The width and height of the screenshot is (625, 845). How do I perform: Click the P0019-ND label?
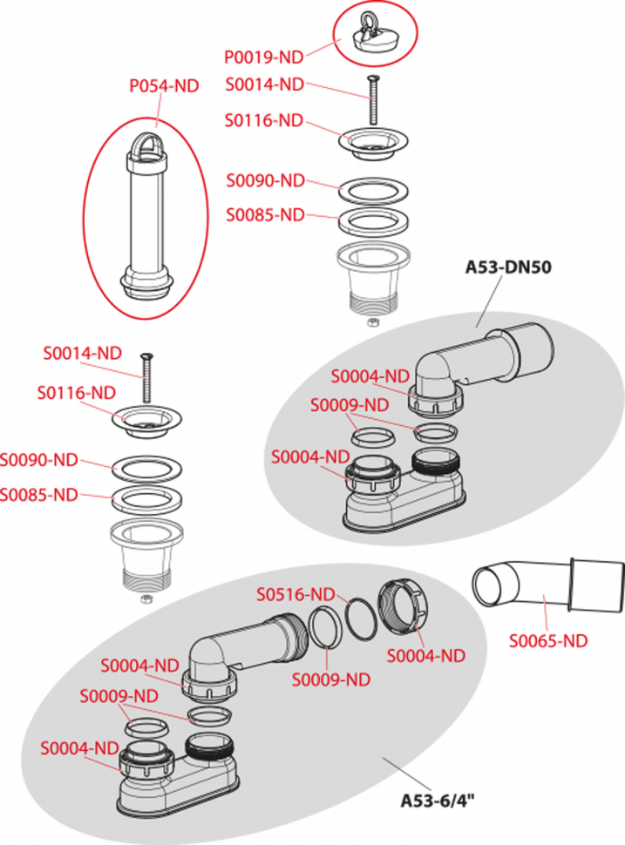tap(264, 57)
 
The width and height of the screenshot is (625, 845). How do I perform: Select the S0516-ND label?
tap(296, 594)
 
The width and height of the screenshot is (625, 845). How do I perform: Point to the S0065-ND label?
tap(548, 641)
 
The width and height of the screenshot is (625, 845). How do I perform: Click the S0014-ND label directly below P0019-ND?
tap(264, 84)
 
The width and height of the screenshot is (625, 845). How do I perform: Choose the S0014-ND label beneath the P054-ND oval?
tap(82, 353)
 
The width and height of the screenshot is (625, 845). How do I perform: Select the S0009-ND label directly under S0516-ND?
tap(330, 679)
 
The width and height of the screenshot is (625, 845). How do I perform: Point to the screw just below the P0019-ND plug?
tap(373, 100)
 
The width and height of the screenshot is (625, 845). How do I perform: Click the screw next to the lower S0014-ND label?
tap(146, 375)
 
